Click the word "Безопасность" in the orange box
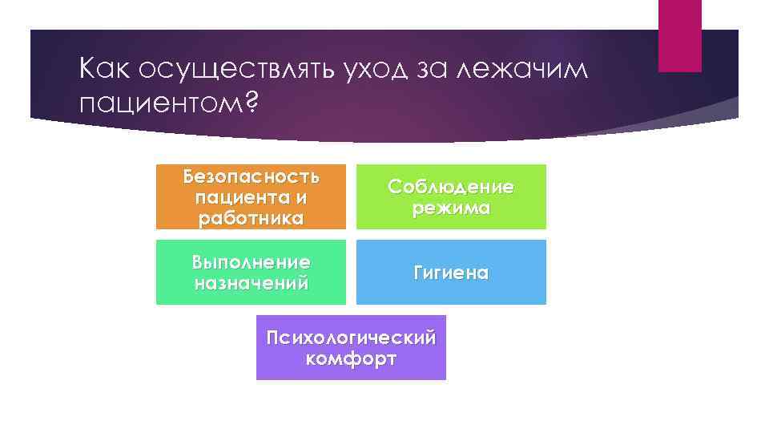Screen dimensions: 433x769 251,175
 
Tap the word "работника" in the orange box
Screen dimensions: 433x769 251,218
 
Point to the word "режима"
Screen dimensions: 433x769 451,208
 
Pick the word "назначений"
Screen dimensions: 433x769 251,283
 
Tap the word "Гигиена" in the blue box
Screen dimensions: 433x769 451,273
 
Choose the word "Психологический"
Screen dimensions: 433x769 351,337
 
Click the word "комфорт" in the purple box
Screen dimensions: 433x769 351,358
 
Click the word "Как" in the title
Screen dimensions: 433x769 106,71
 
